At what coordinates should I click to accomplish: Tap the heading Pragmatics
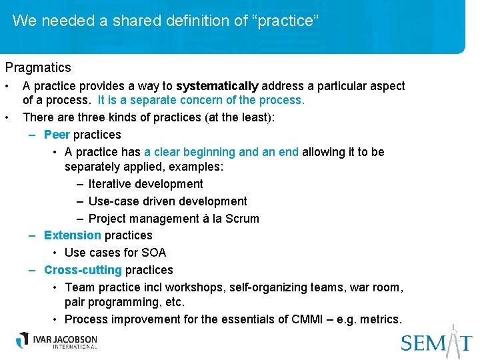click(38, 67)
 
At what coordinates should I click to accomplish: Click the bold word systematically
click(217, 86)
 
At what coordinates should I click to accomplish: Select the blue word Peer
click(57, 135)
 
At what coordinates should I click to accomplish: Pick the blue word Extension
click(73, 235)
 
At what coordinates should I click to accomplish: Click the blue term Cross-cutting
click(83, 270)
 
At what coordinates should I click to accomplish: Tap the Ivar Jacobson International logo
click(57, 340)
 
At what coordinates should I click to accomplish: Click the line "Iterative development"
click(145, 184)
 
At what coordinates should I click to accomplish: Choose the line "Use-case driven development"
click(167, 201)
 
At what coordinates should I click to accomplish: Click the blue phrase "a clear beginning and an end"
click(221, 152)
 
